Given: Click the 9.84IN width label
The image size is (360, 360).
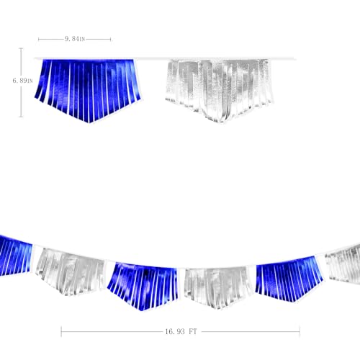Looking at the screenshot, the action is (x=75, y=39).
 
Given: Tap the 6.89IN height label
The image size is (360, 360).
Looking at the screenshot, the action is (x=22, y=81).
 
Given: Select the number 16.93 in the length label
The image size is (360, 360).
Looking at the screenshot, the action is (x=175, y=332).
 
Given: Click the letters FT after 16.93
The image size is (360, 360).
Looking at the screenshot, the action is (x=193, y=332).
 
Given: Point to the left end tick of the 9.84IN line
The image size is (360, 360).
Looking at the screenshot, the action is (x=39, y=39).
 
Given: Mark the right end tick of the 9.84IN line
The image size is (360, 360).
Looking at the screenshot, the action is (x=110, y=39).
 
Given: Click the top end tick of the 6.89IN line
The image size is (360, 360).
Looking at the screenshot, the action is (x=21, y=48).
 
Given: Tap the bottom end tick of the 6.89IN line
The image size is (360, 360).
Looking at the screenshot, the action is (x=21, y=117).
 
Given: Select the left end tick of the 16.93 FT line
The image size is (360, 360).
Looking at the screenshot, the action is (x=61, y=332).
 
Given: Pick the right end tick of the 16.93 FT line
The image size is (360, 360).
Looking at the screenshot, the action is (x=300, y=332).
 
